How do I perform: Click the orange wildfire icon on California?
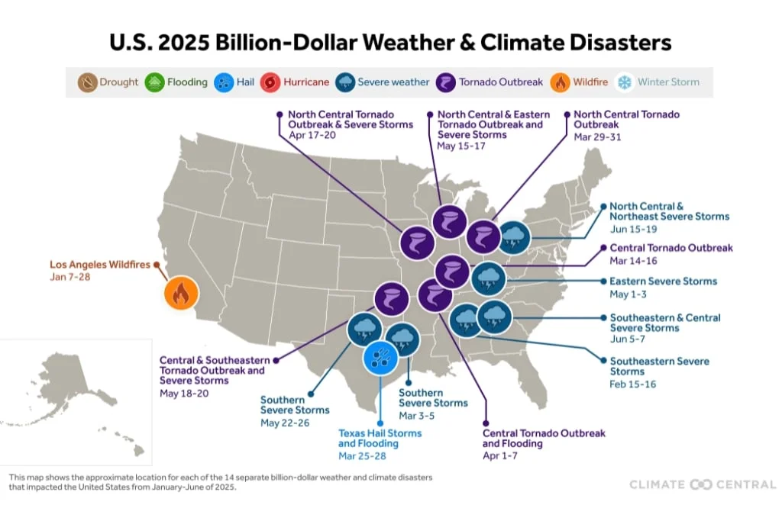click(181, 294)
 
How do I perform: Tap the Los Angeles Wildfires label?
click(99, 265)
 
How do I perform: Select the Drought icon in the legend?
click(88, 82)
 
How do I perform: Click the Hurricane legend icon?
click(271, 82)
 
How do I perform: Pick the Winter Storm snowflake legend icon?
click(625, 82)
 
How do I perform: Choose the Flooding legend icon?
click(156, 82)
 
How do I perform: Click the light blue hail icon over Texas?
click(379, 356)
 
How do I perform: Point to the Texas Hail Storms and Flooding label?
click(380, 438)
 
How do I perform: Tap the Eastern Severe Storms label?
click(663, 281)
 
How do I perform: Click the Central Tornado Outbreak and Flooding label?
click(543, 438)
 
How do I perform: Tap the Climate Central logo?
click(702, 484)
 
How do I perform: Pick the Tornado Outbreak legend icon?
click(446, 82)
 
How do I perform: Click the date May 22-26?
click(284, 423)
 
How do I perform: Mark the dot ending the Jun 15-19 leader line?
click(603, 206)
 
